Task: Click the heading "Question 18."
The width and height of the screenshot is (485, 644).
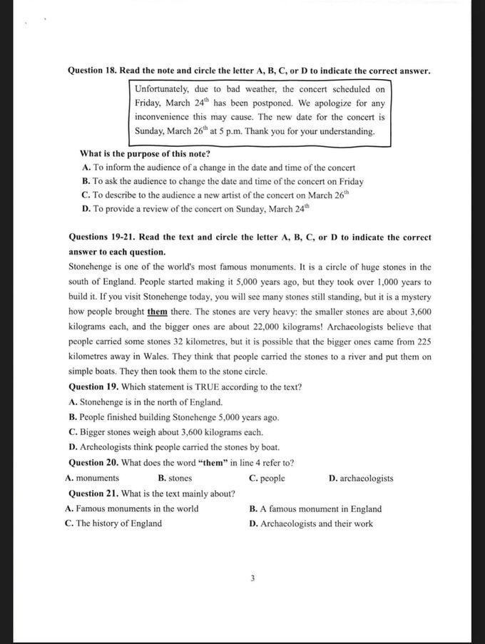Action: (x=92, y=71)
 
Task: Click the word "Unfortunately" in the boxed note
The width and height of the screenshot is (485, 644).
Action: (x=162, y=89)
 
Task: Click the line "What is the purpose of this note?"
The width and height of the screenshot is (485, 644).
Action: (x=145, y=153)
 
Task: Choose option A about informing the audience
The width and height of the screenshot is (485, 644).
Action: (x=218, y=168)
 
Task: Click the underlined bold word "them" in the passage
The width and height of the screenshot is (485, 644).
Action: (x=158, y=312)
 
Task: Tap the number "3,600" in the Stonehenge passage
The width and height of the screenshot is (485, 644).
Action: (x=417, y=312)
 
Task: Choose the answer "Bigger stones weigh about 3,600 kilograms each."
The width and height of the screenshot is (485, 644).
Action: (x=166, y=432)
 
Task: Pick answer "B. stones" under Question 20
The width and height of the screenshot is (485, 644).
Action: (x=175, y=478)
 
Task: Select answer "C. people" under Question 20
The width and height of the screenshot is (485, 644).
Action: (x=267, y=478)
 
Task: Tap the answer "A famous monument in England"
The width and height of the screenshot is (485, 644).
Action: (x=315, y=508)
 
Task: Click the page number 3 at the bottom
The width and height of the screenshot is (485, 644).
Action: (x=252, y=578)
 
